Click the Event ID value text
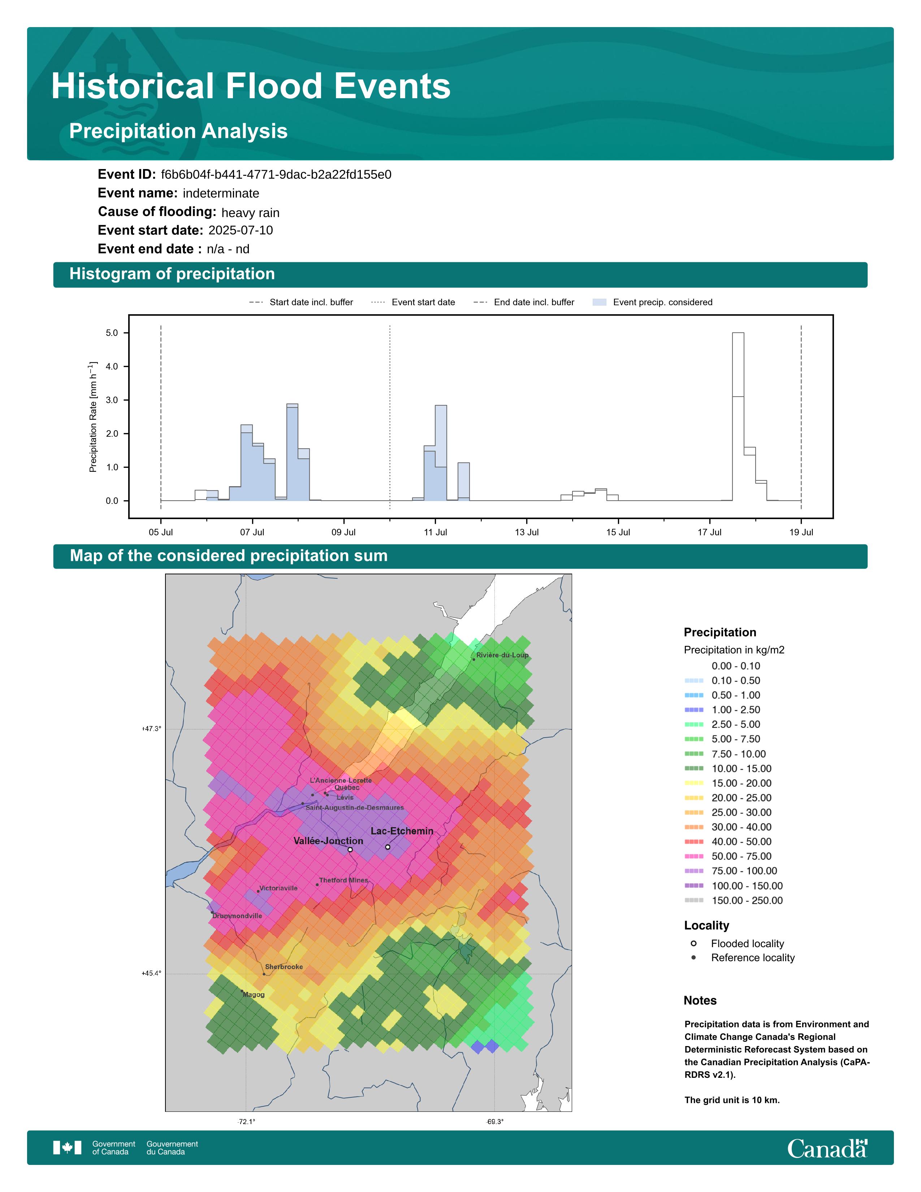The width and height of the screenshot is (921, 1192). click(x=276, y=175)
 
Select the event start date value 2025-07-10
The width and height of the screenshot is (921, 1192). click(x=241, y=230)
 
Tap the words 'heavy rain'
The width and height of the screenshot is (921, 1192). click(x=250, y=213)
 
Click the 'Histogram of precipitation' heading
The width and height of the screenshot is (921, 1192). click(x=172, y=274)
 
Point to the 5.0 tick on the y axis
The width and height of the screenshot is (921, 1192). click(x=112, y=333)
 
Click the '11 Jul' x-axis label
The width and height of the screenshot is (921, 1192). click(x=436, y=532)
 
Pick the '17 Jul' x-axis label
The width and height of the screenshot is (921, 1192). click(x=709, y=532)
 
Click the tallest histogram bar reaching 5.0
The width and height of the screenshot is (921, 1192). click(x=738, y=415)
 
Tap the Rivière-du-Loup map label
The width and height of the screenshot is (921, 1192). click(x=502, y=655)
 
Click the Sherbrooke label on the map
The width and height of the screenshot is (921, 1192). click(x=284, y=967)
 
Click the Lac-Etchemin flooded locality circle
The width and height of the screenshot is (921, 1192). click(x=388, y=847)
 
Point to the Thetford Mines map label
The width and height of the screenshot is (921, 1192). click(x=343, y=880)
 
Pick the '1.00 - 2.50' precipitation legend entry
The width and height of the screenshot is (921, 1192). click(x=735, y=709)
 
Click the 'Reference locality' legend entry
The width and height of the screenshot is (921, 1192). click(x=752, y=958)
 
